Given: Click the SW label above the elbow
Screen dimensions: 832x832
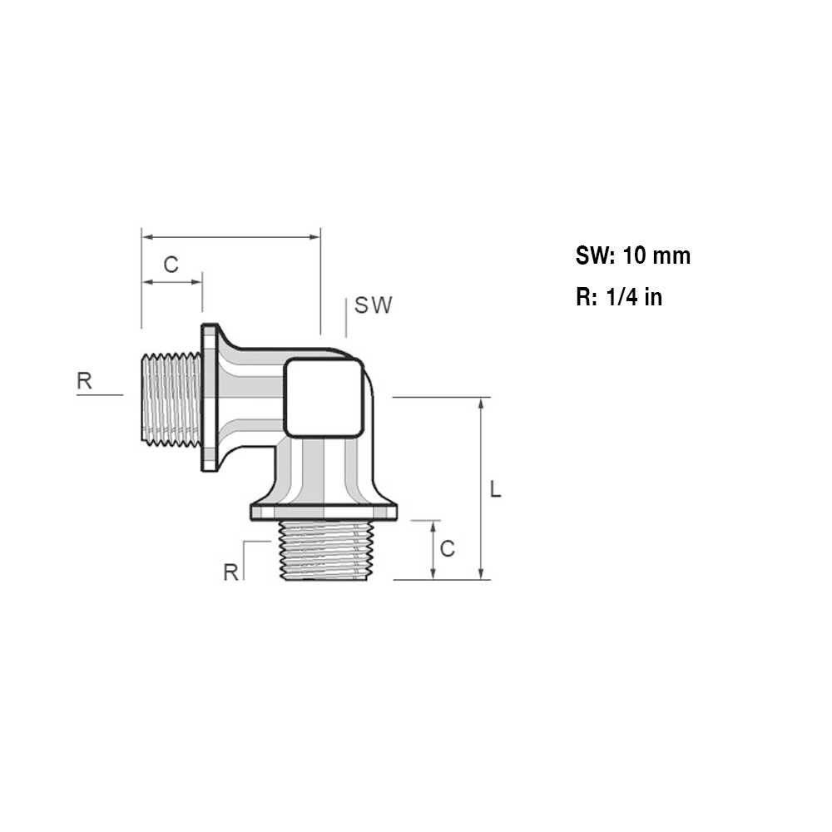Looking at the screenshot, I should pyautogui.click(x=373, y=305).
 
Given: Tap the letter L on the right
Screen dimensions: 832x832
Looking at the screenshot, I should pyautogui.click(x=495, y=490).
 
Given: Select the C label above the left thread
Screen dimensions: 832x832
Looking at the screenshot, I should pyautogui.click(x=171, y=265).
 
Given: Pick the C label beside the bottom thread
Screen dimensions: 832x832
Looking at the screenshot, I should pyautogui.click(x=448, y=549).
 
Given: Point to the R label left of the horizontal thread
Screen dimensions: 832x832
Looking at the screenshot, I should pyautogui.click(x=85, y=381).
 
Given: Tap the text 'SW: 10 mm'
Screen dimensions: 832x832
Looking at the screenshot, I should pyautogui.click(x=632, y=255).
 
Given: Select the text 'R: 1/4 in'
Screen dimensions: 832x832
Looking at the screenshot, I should pyautogui.click(x=618, y=297).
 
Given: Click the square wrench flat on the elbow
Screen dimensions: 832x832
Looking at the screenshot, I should pyautogui.click(x=324, y=397).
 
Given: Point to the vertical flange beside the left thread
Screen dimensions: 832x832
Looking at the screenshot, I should pyautogui.click(x=210, y=398).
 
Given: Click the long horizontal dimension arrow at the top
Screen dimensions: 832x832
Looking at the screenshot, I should pyautogui.click(x=230, y=237).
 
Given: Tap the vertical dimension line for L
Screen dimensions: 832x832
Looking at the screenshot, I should pyautogui.click(x=482, y=488).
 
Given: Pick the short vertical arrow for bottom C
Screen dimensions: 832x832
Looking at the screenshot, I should pyautogui.click(x=433, y=550).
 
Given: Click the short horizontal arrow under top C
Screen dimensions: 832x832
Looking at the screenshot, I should pyautogui.click(x=172, y=283).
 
